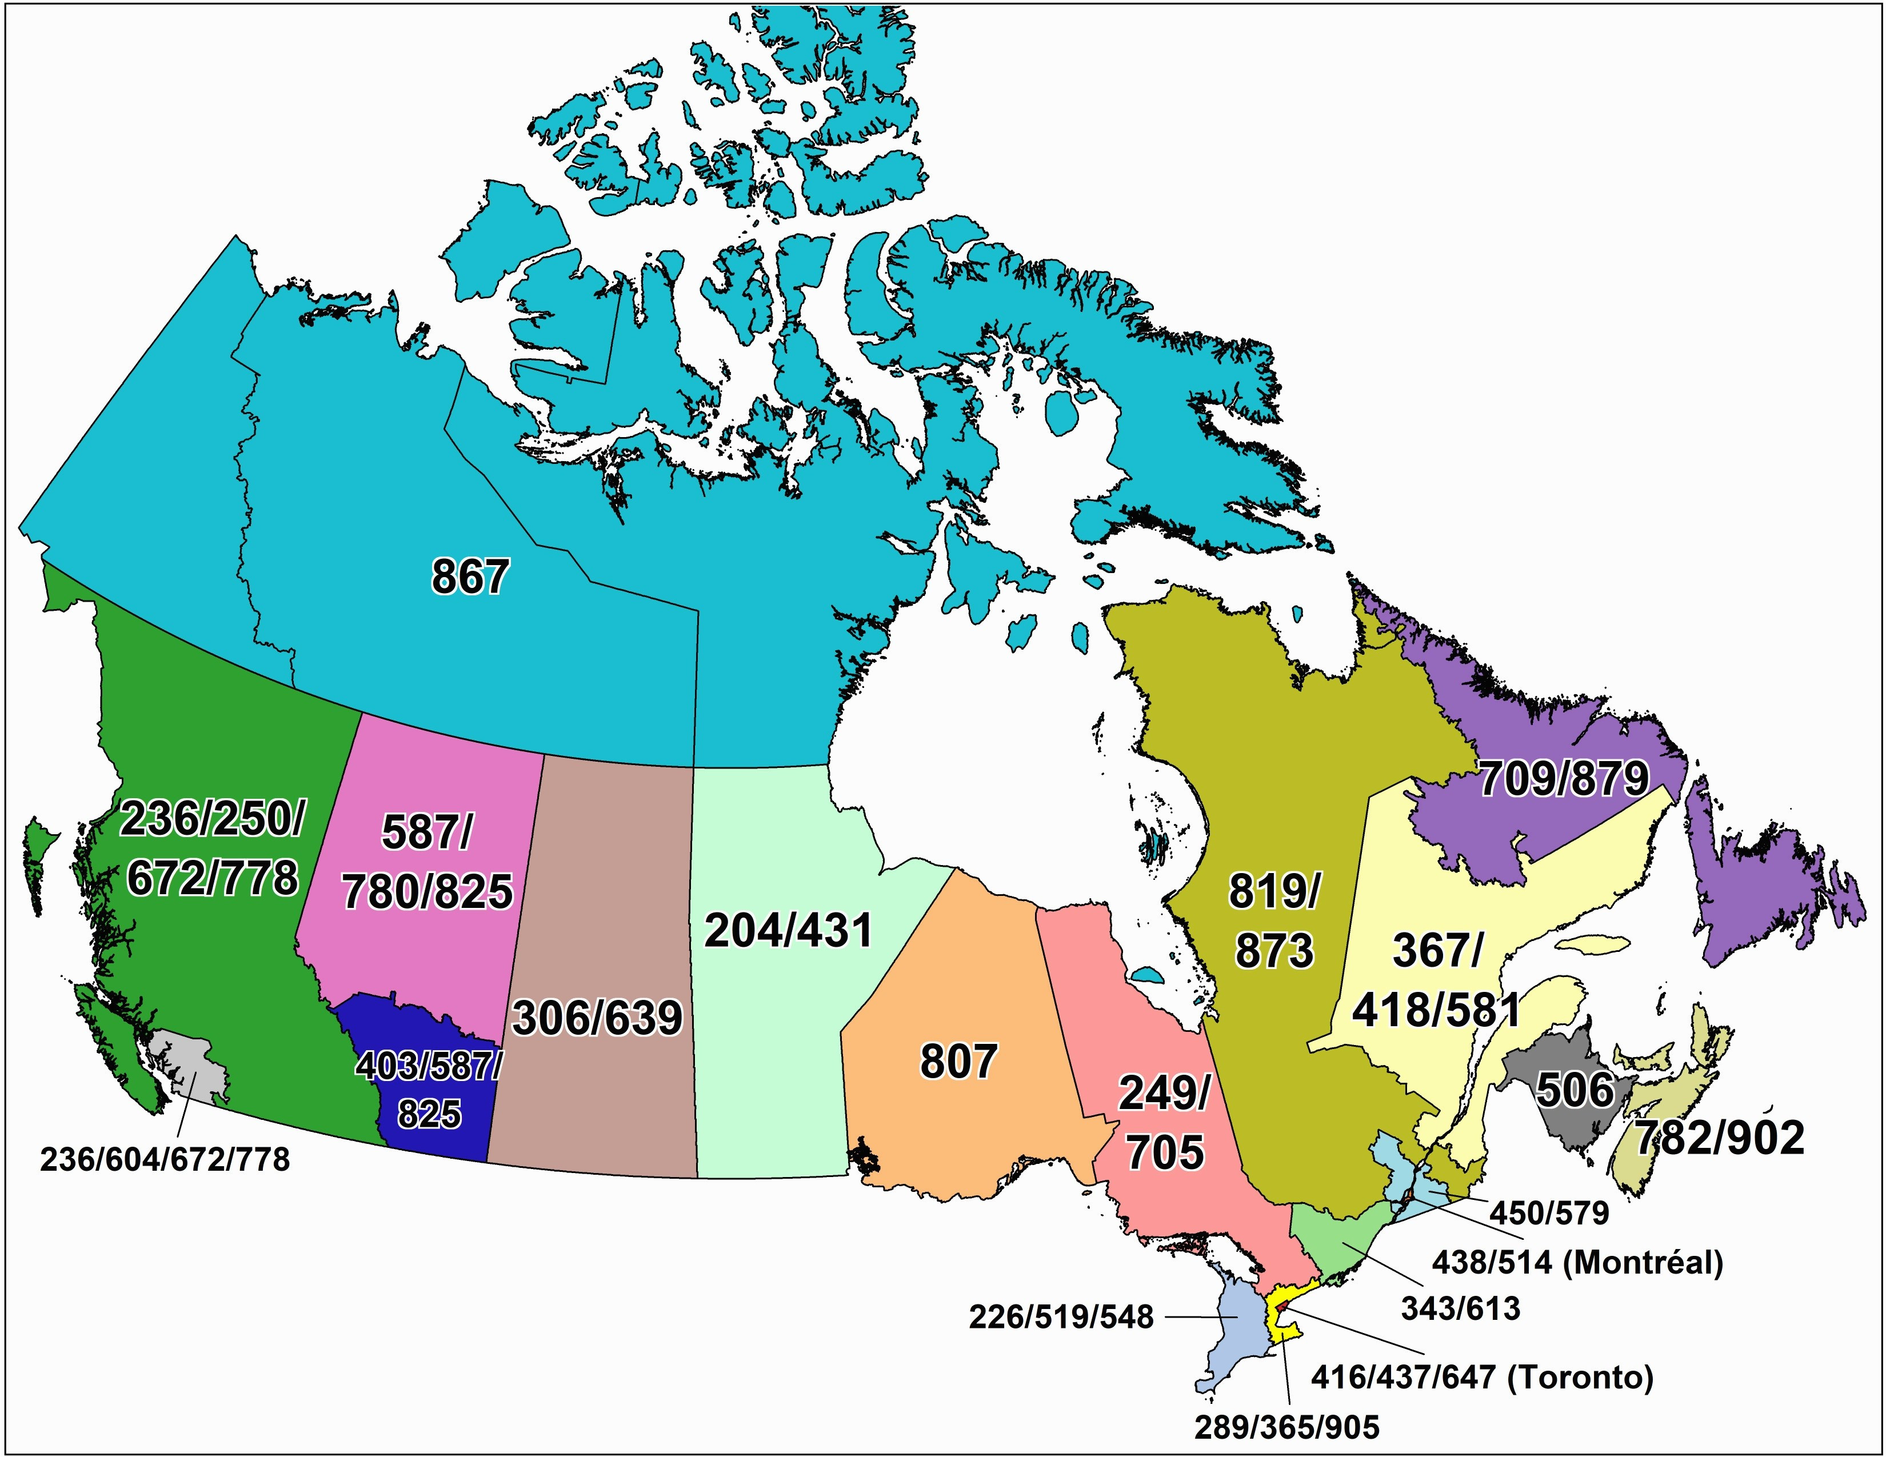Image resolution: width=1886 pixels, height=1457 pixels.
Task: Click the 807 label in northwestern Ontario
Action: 958,1061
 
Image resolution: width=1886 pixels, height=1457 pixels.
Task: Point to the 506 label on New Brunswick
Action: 1575,1090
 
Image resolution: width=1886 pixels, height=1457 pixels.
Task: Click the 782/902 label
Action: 1719,1138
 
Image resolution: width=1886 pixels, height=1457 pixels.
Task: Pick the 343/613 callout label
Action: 1460,1308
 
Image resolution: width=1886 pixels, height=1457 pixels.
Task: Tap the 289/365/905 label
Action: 1286,1427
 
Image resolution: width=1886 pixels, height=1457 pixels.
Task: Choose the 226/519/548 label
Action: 1061,1317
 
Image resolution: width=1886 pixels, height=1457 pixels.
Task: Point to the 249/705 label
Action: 1164,1123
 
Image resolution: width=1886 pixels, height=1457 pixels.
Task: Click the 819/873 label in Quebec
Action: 1274,922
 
